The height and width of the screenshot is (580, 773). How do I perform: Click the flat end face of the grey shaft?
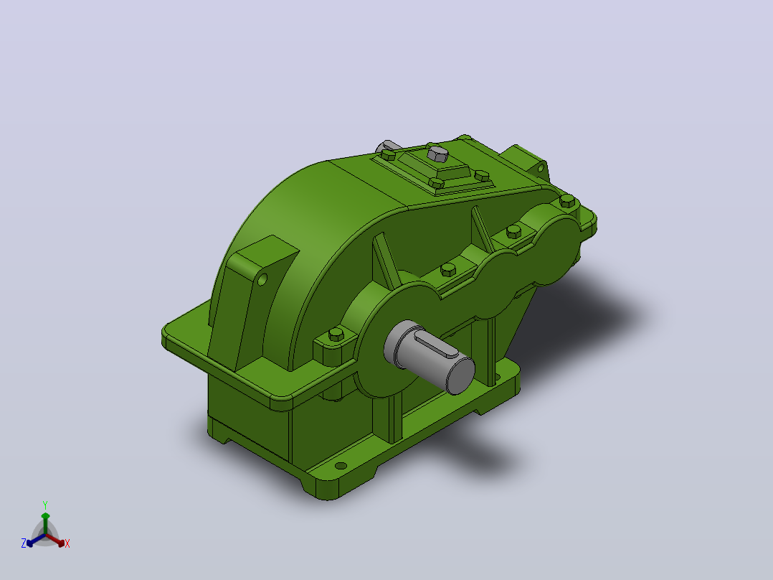point(460,375)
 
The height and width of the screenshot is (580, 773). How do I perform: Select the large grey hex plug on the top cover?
point(437,154)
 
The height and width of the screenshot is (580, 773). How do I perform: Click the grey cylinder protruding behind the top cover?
point(388,146)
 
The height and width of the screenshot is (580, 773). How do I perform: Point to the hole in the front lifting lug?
point(262,280)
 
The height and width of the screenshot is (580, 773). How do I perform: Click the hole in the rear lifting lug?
point(541,168)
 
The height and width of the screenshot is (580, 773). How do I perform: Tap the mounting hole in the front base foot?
point(341,465)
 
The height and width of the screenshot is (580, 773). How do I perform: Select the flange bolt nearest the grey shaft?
point(336,335)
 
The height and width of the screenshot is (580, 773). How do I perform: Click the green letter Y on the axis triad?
point(45,505)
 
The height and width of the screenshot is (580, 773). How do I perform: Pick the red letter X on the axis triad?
point(67,543)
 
